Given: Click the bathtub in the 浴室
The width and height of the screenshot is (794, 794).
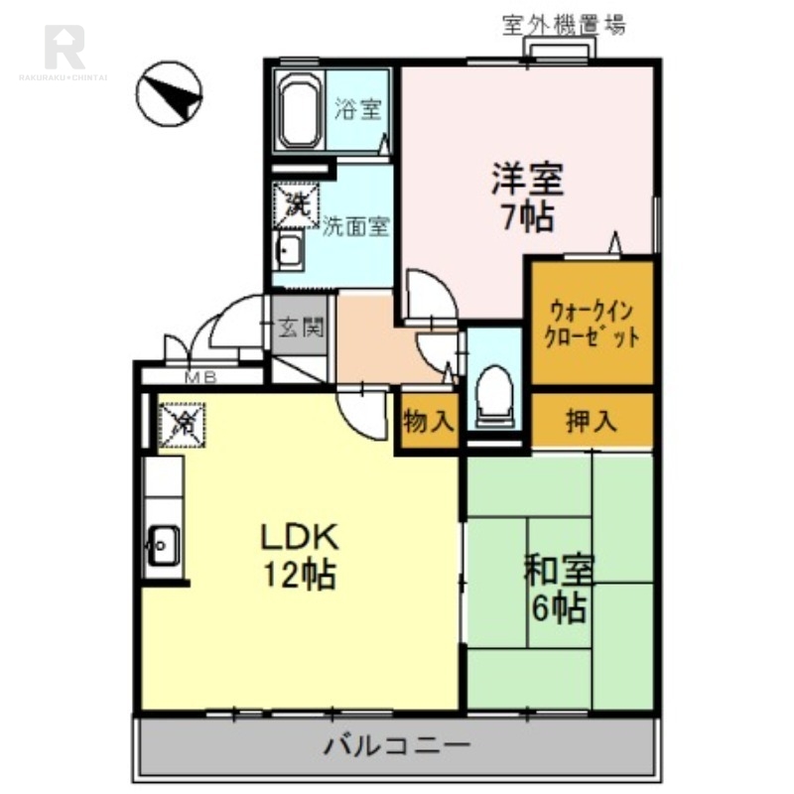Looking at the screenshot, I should (x=297, y=109).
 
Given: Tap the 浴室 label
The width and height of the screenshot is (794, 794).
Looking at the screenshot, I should (x=357, y=109).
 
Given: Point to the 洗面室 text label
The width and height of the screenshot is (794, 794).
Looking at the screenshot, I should (x=356, y=226).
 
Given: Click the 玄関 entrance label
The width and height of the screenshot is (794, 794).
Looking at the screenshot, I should (x=301, y=328).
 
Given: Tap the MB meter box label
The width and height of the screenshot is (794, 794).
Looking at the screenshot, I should (x=203, y=377).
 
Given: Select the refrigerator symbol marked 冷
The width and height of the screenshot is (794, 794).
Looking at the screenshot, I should (x=182, y=424).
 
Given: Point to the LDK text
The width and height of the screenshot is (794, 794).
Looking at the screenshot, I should (x=300, y=537).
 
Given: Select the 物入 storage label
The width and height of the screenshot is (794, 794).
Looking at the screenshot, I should (x=429, y=422).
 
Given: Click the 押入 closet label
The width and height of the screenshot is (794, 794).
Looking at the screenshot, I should (x=592, y=421).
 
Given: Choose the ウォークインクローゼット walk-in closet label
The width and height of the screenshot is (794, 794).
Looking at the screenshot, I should (x=592, y=322).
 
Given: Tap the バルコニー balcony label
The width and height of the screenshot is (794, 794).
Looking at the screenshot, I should (x=396, y=743).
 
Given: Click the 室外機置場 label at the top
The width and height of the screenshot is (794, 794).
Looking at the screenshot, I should (x=564, y=26).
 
